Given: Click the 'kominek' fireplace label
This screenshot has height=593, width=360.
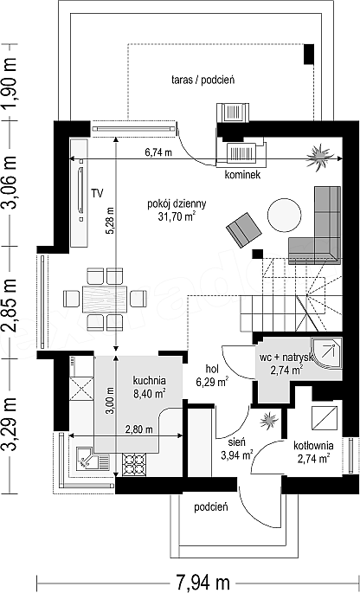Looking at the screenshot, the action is click(242, 175).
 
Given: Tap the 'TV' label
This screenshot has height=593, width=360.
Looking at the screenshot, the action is click(97, 193).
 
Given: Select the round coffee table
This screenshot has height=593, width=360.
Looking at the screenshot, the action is click(285, 215).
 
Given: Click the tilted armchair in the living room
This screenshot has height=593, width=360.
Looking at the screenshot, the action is click(244, 230).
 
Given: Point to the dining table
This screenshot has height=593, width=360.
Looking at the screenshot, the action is click(105, 299).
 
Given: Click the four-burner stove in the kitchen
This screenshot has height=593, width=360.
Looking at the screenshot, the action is click(133, 464).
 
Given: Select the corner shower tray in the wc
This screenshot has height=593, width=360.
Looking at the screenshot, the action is click(327, 353).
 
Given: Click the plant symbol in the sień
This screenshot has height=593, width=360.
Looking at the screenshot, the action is click(268, 420).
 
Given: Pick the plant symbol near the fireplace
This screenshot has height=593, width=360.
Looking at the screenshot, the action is click(320, 158).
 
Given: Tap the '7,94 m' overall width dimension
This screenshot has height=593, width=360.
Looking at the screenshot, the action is click(202, 583).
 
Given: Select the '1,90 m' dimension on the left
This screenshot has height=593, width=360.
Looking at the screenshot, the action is click(9, 82).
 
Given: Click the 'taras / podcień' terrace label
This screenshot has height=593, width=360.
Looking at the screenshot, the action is click(203, 80).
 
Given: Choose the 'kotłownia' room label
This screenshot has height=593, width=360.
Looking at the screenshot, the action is click(313, 445).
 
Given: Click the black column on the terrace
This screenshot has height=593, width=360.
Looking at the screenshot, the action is click(309, 54).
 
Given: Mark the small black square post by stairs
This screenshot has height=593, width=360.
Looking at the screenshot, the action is click(258, 255).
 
